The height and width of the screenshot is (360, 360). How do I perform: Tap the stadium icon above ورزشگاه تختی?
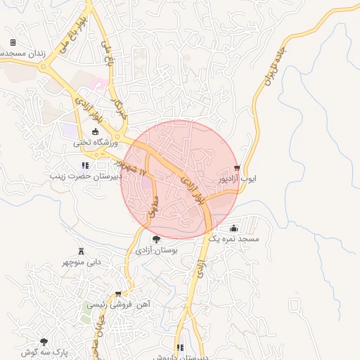(x=96, y=131)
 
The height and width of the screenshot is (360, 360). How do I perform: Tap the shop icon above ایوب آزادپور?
(x=237, y=168)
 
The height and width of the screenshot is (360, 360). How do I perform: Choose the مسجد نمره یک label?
(x=240, y=239)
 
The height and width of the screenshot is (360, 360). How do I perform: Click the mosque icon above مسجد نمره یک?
(x=233, y=229)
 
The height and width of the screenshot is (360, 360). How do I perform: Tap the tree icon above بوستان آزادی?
(x=156, y=240)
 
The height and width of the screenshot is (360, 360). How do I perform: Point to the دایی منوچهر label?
(x=84, y=262)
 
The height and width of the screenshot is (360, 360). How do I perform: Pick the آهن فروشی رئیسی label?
(x=120, y=305)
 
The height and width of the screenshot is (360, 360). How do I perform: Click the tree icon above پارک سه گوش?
(x=44, y=340)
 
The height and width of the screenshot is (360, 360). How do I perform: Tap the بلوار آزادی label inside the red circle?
(x=193, y=189)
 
